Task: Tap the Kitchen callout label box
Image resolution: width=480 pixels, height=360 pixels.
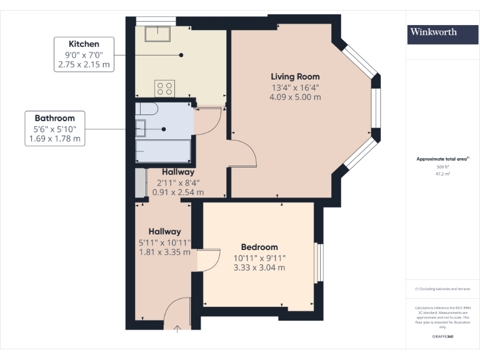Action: click(84, 54)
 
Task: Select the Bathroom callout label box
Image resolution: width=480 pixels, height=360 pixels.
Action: click(55, 128)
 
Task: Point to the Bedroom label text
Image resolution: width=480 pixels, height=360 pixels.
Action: click(259, 247)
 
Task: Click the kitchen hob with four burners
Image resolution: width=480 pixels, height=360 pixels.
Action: click(165, 88)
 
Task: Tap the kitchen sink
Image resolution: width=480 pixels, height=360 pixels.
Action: click(154, 32)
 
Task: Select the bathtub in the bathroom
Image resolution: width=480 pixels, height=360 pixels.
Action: click(163, 151)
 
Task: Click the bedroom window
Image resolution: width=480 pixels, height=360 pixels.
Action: click(318, 262)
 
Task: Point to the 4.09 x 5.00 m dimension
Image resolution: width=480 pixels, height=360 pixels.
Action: click(295, 97)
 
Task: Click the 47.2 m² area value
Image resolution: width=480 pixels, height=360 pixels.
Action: click(442, 174)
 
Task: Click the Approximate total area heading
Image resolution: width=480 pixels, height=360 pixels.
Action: click(442, 159)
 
